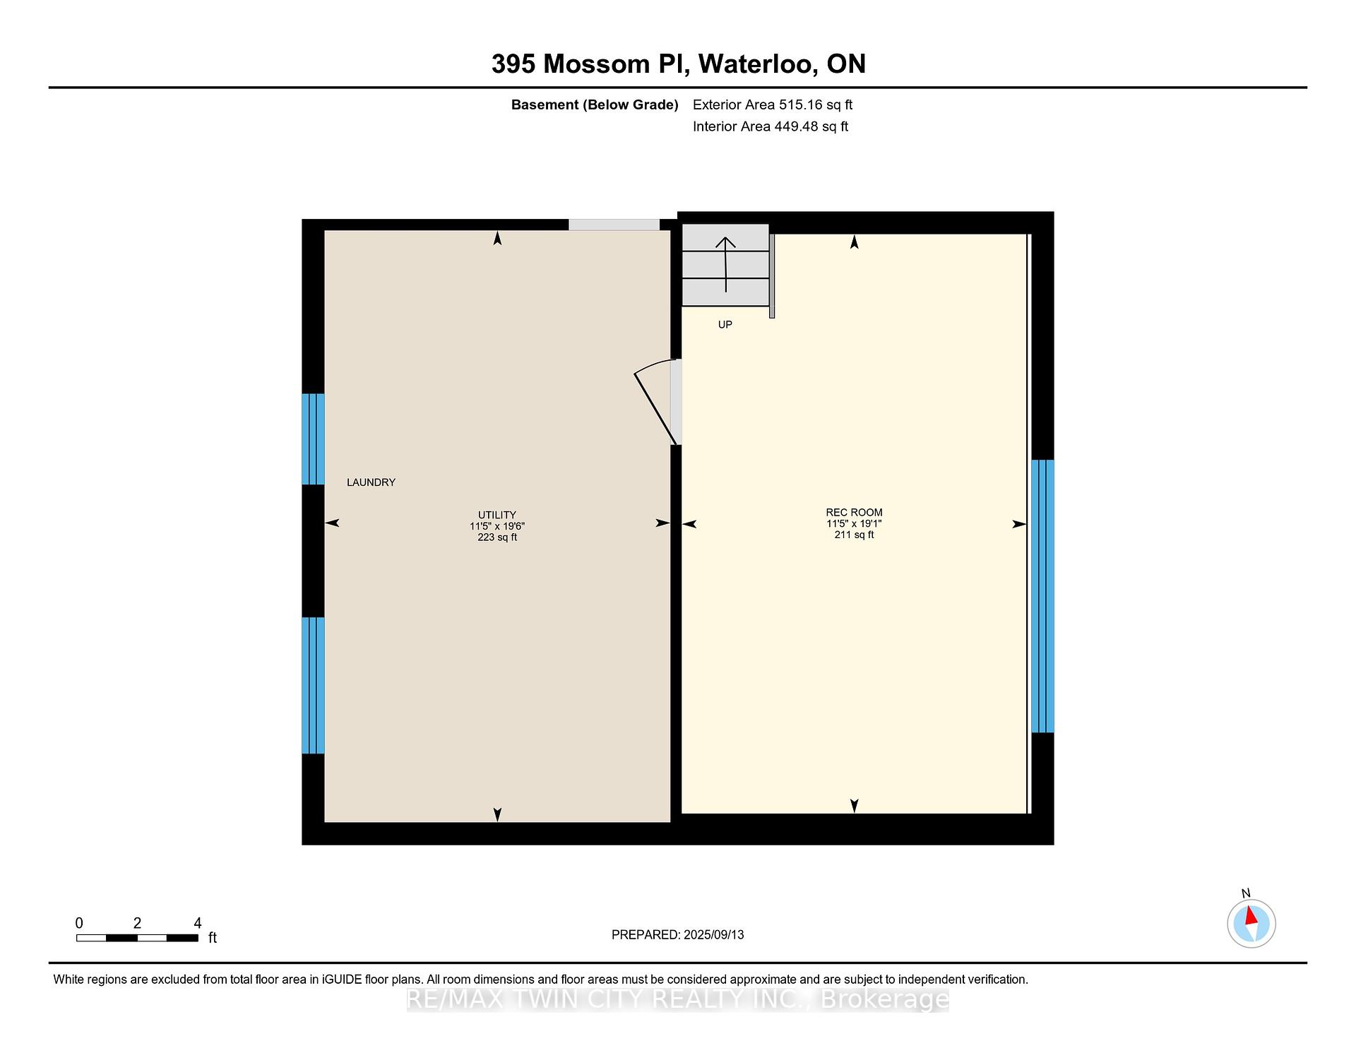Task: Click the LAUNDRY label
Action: (x=371, y=482)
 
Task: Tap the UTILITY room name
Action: (x=497, y=515)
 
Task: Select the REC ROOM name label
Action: (x=854, y=513)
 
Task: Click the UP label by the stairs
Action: (x=725, y=325)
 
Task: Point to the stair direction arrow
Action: (x=725, y=265)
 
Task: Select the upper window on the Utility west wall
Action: (x=313, y=439)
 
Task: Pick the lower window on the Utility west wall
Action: (x=313, y=686)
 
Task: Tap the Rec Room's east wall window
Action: (x=1042, y=597)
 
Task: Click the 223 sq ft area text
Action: (x=497, y=537)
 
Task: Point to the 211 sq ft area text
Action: (x=854, y=535)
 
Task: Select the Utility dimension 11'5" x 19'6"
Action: (x=497, y=526)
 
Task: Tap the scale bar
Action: (x=137, y=938)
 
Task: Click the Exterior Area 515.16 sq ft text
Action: (x=773, y=105)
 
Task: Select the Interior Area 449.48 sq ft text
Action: (x=771, y=127)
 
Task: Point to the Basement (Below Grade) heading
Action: (x=595, y=105)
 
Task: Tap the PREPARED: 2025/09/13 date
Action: (x=678, y=935)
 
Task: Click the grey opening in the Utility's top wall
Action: (x=614, y=225)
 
